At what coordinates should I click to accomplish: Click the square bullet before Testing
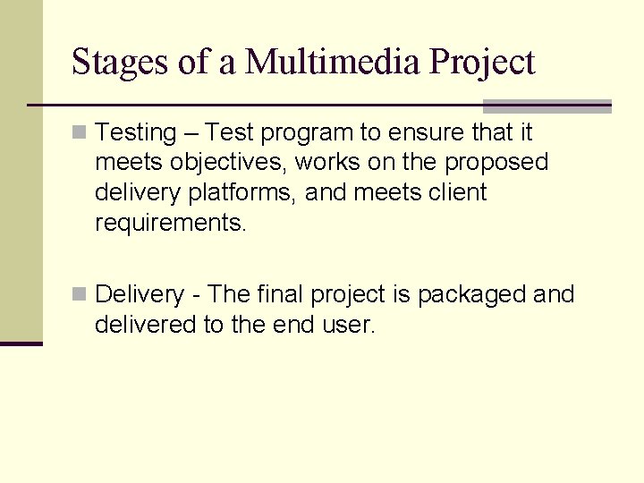point(80,133)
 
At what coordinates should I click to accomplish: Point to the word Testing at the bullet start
point(136,133)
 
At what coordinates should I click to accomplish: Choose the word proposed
point(496,163)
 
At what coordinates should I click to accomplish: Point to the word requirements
point(169,223)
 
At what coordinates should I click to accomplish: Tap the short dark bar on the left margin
point(21,343)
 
